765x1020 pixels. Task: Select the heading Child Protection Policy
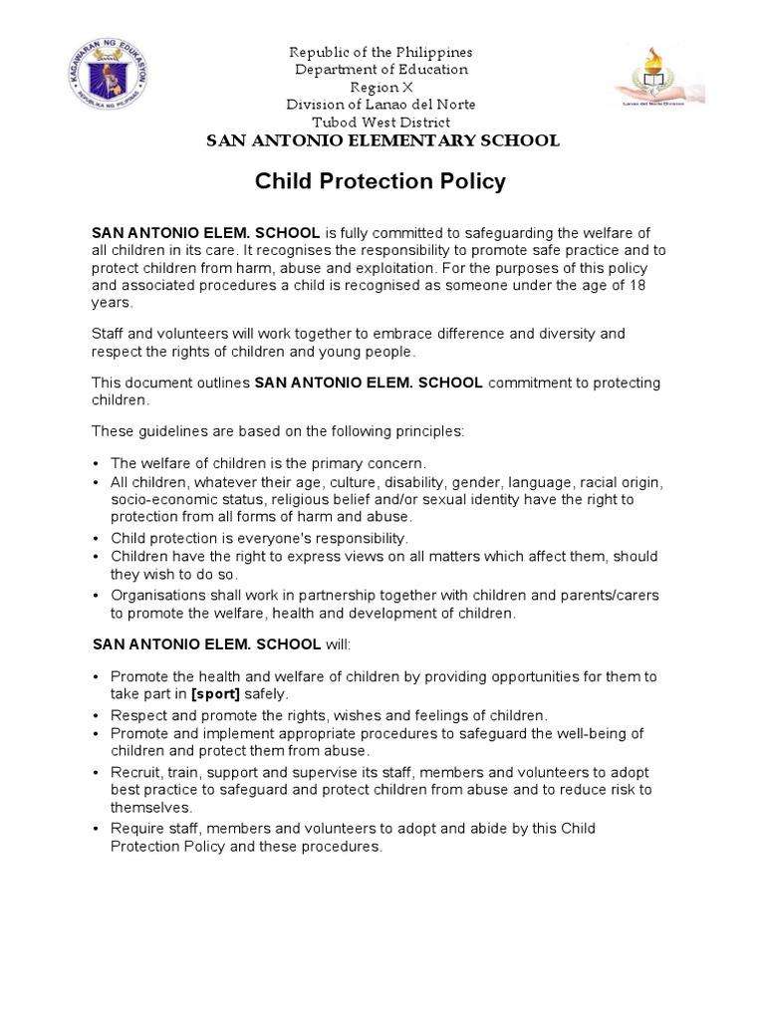point(382,182)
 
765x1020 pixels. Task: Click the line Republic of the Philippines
point(381,52)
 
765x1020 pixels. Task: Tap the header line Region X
point(381,88)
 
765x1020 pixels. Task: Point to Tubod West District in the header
point(381,123)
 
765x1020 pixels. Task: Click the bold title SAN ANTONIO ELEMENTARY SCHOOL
point(382,141)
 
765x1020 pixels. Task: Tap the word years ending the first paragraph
point(111,303)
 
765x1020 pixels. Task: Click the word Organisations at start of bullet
point(156,596)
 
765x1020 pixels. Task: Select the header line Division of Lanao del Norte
point(381,105)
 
